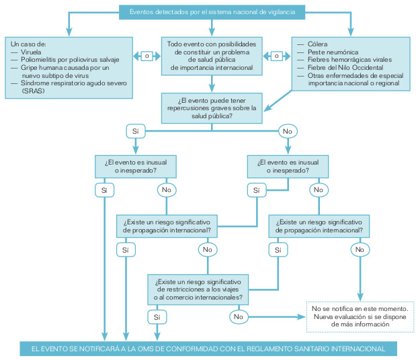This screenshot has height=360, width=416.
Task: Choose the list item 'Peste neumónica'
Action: [x=332, y=52]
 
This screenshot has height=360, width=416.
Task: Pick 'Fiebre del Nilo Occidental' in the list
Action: [x=345, y=68]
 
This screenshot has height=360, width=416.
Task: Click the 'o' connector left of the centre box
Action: [x=146, y=56]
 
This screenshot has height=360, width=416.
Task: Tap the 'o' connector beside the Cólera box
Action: [x=276, y=56]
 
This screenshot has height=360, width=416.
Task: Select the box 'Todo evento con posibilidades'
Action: [x=212, y=55]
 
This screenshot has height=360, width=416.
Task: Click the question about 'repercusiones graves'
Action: [x=212, y=108]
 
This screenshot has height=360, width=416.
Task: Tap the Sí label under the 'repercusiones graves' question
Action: [x=135, y=130]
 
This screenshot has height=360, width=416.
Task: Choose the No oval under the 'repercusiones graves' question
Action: [x=288, y=130]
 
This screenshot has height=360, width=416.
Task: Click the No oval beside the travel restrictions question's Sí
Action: [x=237, y=316]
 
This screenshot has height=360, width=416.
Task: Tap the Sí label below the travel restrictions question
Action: [x=156, y=316]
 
